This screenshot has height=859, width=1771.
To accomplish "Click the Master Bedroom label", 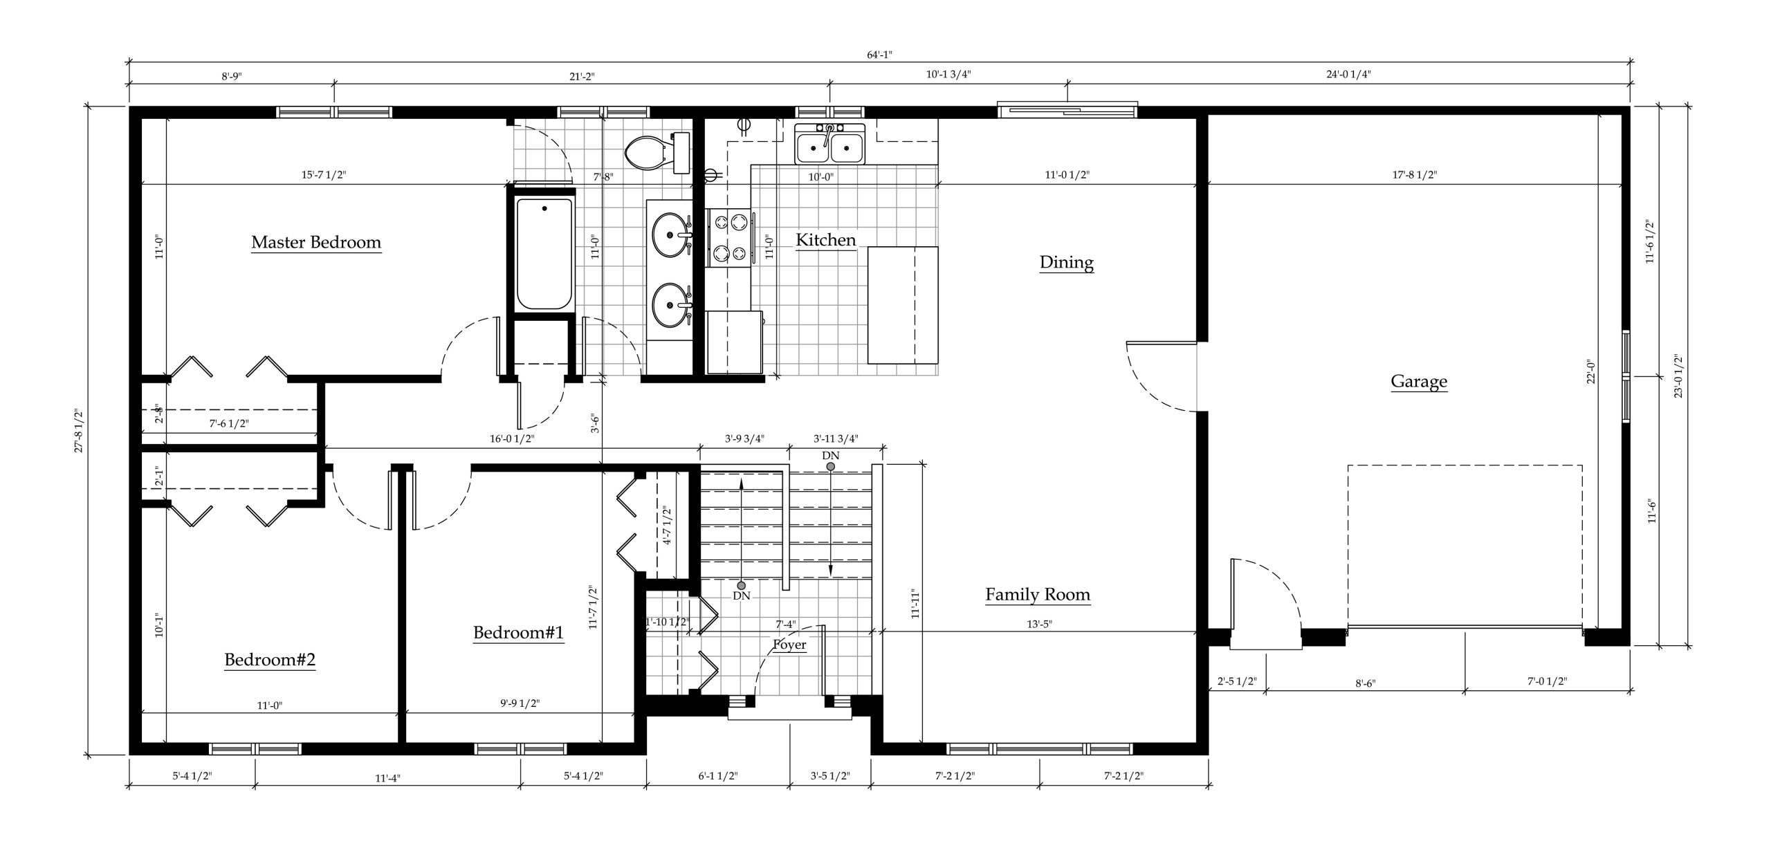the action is pos(316,242).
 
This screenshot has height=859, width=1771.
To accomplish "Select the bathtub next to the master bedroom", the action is pos(544,254).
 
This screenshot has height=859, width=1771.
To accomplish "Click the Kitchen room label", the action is pos(826,240).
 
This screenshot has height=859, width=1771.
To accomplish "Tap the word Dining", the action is pos(1066,263).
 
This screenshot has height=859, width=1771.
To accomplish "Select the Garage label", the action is pos(1419,381).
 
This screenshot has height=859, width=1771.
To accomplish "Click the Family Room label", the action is pos(1038,594).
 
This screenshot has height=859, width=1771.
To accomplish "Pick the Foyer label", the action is pos(789,645).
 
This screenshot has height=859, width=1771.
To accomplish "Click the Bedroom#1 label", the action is pos(518,632).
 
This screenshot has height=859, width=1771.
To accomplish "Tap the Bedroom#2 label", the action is pos(270,660).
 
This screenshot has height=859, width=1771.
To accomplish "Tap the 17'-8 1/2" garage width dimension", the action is pos(1414,175).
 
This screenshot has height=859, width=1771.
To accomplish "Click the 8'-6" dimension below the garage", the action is pos(1364,683).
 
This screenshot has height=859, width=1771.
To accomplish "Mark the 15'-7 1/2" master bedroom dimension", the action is pos(323,175).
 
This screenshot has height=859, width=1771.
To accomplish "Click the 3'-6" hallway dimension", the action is pos(594,423).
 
